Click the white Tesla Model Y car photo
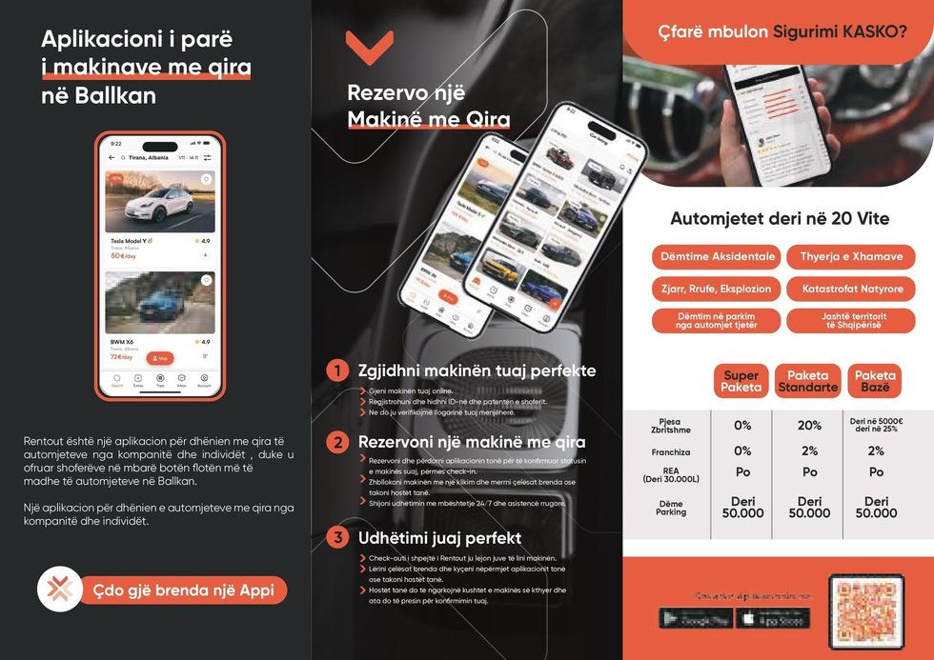(x=159, y=202)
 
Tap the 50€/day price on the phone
(x=123, y=255)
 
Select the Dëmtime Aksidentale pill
(x=716, y=257)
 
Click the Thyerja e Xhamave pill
(x=851, y=257)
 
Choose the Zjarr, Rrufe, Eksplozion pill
(x=716, y=289)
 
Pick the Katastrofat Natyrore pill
(x=851, y=289)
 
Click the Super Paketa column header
(x=741, y=381)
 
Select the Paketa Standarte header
(x=807, y=381)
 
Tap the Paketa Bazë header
(x=875, y=381)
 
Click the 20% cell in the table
(x=809, y=426)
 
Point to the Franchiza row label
(x=671, y=452)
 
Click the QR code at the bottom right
(x=866, y=611)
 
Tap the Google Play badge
(x=695, y=619)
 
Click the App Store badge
(x=774, y=619)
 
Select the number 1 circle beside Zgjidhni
(x=336, y=370)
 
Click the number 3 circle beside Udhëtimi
(x=336, y=537)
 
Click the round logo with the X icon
(x=60, y=589)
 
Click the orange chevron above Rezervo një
(x=369, y=47)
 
